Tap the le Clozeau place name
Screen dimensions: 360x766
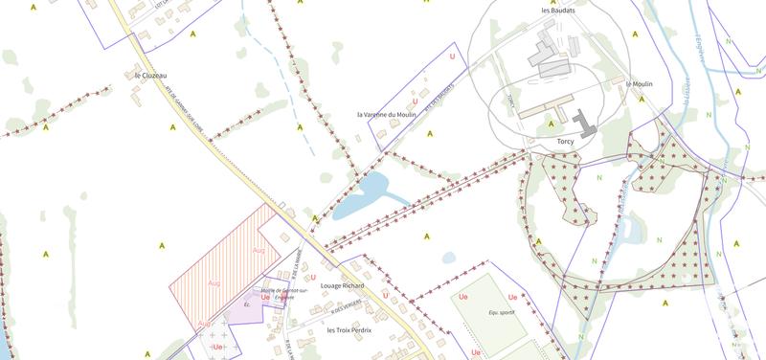(x=150, y=74)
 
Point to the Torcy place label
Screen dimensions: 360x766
(x=565, y=141)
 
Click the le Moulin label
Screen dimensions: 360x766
(x=640, y=84)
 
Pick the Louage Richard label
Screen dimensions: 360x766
(x=342, y=285)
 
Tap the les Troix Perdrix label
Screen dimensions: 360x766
(x=349, y=330)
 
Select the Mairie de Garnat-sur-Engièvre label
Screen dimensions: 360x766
(x=284, y=293)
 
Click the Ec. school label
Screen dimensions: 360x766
(x=246, y=305)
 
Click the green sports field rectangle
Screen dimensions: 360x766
(x=488, y=306)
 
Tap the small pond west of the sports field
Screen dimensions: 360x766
(x=448, y=258)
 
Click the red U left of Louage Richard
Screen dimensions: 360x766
(x=313, y=278)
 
